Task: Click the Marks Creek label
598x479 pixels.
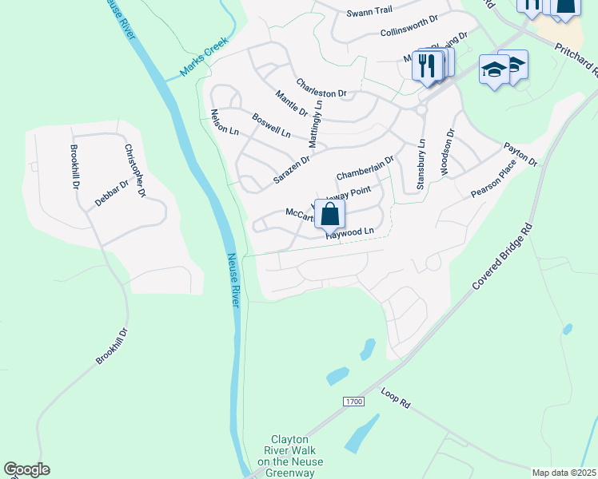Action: [x=204, y=57]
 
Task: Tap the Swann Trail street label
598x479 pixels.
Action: [x=369, y=14]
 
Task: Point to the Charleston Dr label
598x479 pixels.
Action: [x=321, y=88]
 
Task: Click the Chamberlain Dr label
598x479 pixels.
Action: [x=365, y=168]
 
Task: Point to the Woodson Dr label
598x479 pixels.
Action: [x=448, y=152]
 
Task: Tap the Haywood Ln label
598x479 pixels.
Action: [x=350, y=232]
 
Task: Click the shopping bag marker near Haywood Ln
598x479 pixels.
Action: [x=329, y=214]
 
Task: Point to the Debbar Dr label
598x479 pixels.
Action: [x=112, y=194]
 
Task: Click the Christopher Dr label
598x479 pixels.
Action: [x=135, y=170]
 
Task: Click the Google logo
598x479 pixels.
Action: [x=26, y=469]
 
